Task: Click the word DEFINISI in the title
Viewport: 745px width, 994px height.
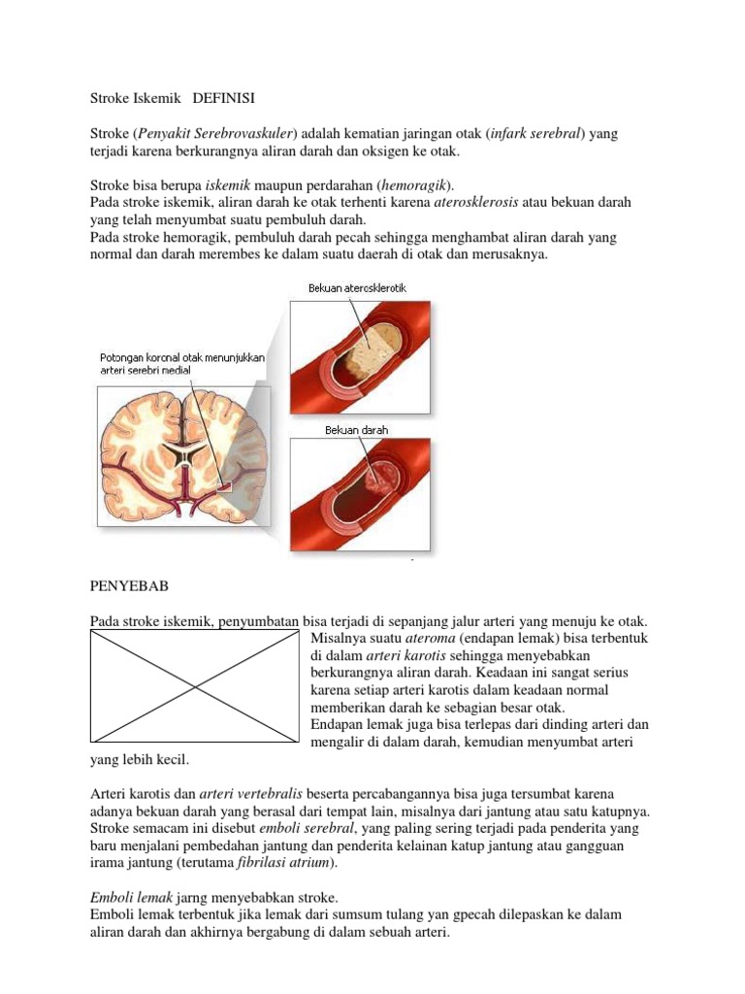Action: pos(225,98)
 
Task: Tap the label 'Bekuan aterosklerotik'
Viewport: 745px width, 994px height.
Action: pos(358,288)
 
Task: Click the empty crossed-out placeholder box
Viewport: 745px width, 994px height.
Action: pos(194,689)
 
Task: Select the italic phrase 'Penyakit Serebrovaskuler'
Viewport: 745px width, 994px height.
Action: pos(215,135)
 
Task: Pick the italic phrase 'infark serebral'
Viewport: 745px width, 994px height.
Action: pos(537,135)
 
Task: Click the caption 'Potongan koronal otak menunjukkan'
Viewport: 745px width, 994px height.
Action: pos(181,358)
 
